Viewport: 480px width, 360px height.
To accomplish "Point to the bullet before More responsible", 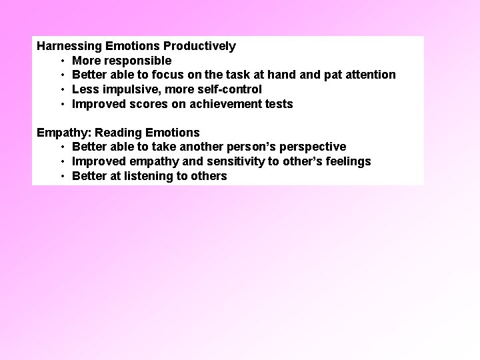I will (x=62, y=61).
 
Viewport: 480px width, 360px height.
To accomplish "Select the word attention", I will (x=371, y=75).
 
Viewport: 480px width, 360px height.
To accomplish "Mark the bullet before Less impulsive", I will (x=62, y=89).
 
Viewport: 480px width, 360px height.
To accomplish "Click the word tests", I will (x=279, y=104).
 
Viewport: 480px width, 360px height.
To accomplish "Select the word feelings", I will (x=348, y=161).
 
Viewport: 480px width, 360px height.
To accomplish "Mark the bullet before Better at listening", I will (x=62, y=176).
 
